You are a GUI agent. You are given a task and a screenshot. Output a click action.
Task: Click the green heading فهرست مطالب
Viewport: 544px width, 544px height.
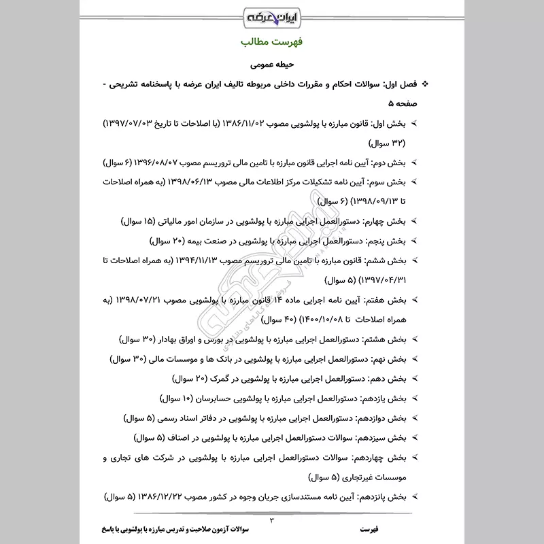point(272,42)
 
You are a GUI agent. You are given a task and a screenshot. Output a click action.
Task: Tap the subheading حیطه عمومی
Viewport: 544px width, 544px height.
point(272,67)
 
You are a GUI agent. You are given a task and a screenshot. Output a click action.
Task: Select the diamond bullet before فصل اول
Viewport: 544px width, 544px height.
point(427,86)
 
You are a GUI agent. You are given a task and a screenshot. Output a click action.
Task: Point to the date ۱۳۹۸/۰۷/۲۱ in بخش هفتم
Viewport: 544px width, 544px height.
point(153,299)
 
